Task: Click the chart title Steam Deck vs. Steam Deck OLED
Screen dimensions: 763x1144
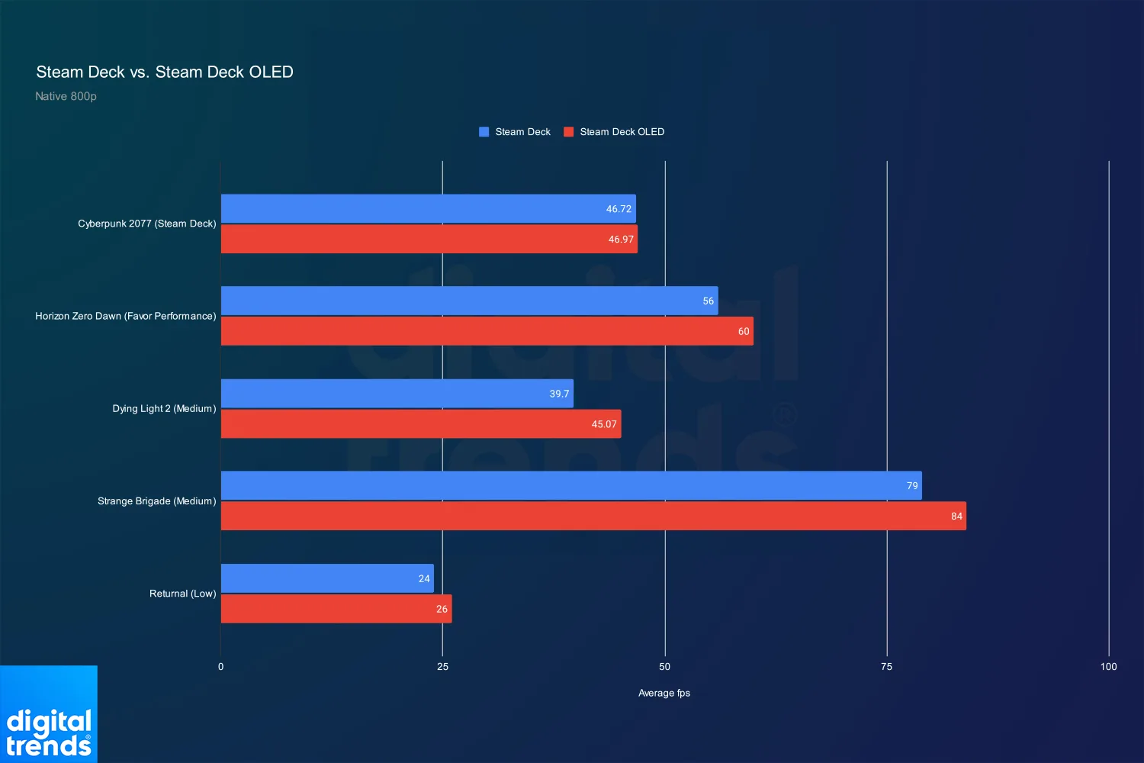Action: [x=165, y=72]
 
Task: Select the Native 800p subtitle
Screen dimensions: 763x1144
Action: [x=66, y=96]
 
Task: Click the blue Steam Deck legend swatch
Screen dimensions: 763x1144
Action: [x=484, y=132]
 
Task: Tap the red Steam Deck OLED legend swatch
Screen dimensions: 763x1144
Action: [x=568, y=132]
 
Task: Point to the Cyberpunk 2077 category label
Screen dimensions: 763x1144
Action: [x=146, y=224]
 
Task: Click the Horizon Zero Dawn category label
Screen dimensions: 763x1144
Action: [x=125, y=316]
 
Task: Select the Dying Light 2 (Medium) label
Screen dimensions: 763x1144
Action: [x=164, y=408]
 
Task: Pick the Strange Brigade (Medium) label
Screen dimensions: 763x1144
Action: [x=156, y=501]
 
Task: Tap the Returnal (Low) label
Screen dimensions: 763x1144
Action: [x=182, y=594]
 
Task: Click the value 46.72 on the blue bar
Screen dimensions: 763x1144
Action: [x=619, y=209]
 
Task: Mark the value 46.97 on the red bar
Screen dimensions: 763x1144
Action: [x=621, y=240]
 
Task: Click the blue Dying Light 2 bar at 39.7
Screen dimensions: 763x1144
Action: [x=397, y=394]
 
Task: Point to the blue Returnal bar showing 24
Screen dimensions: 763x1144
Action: [x=327, y=578]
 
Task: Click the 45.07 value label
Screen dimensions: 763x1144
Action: [x=604, y=424]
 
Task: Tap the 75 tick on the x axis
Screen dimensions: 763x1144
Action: [x=886, y=667]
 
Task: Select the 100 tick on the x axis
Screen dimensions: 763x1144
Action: [x=1108, y=667]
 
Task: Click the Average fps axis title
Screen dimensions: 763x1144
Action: [x=664, y=693]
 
